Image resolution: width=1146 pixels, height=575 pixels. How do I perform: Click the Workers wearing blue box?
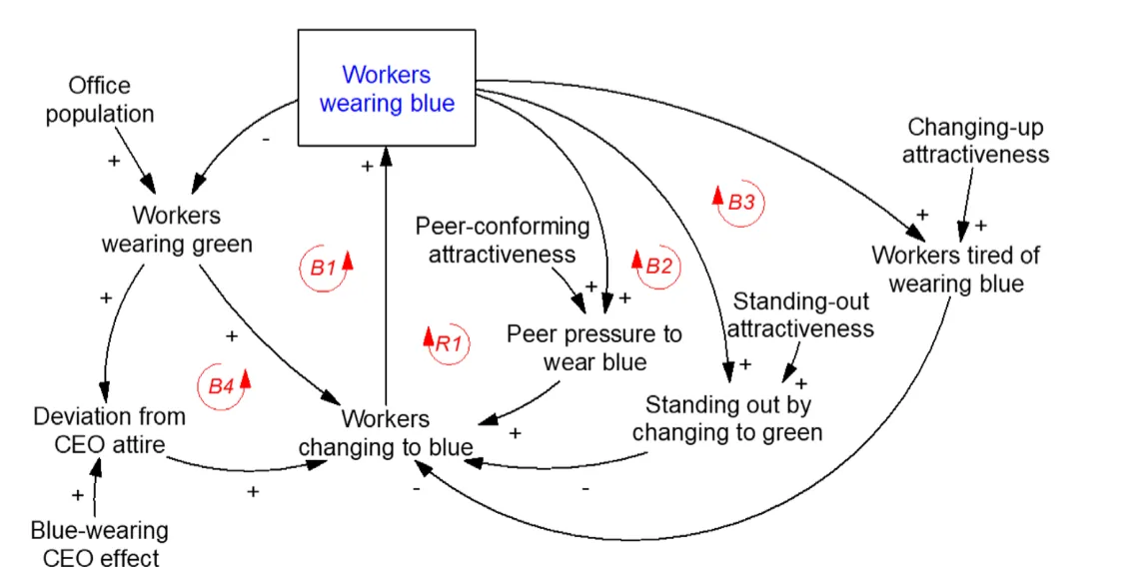coord(386,88)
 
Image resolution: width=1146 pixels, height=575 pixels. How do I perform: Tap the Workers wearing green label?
coord(177,230)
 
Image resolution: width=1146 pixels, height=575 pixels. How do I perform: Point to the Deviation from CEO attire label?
coord(109,430)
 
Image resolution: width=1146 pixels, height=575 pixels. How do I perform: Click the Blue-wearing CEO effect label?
coord(100,544)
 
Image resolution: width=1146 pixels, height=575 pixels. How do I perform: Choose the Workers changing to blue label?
coord(386,433)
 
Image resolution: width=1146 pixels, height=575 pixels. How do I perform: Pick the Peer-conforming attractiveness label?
coord(502,241)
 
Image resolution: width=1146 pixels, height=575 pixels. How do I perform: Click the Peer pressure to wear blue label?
coord(594,346)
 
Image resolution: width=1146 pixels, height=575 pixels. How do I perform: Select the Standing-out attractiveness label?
coord(803,314)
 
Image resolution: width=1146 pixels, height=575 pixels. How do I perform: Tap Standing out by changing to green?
coord(727,418)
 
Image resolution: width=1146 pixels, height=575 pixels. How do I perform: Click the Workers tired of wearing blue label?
coord(956,270)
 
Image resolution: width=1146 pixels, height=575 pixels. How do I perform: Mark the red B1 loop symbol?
coord(327,267)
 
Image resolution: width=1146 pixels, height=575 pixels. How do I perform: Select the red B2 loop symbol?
coord(655,265)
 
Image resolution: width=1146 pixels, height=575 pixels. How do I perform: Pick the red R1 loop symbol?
coord(446,343)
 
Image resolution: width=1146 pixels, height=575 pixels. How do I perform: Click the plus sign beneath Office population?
coord(113,160)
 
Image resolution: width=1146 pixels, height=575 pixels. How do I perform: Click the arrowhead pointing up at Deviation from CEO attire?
coord(97,466)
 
